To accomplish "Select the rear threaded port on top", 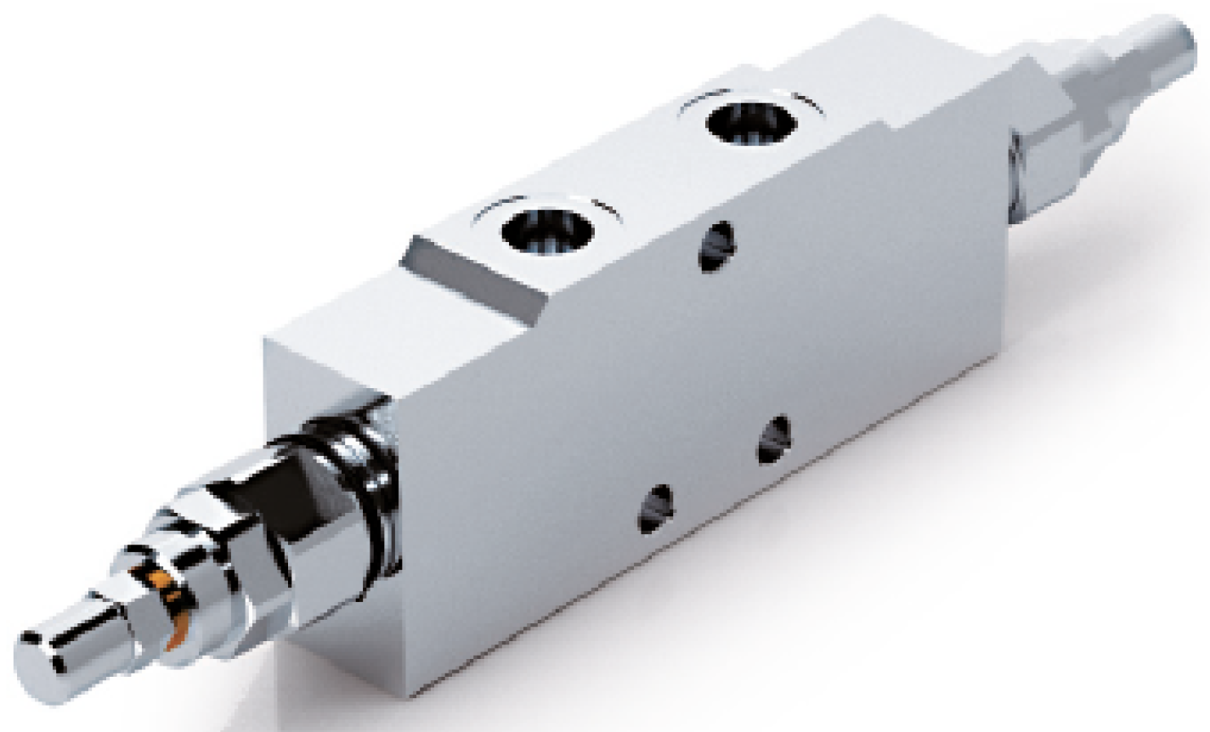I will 752,122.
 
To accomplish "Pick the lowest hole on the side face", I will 654,509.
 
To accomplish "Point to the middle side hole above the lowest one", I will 774,440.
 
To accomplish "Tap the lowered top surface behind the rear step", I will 943,98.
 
